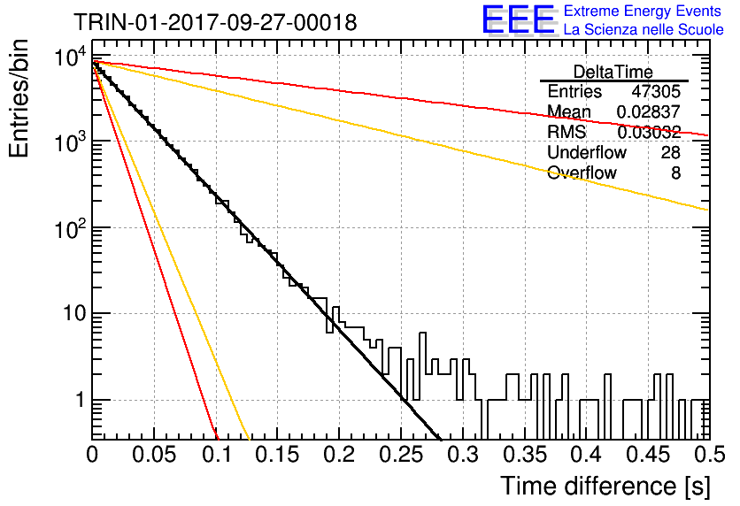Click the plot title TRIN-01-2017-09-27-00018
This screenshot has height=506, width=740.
(216, 22)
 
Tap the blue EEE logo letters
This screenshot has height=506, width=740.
(518, 19)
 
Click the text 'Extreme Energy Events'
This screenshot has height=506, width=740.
(643, 11)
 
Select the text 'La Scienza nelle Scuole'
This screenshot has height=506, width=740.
(644, 29)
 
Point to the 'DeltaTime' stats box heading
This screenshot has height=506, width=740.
(613, 72)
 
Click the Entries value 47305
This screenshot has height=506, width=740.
(656, 91)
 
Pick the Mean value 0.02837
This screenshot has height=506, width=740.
(649, 111)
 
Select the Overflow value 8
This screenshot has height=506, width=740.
(675, 172)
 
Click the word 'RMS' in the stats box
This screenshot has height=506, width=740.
(567, 132)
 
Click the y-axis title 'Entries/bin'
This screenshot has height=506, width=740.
(19, 98)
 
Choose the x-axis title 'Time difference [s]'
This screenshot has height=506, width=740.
(605, 486)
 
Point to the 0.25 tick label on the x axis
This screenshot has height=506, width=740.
(402, 455)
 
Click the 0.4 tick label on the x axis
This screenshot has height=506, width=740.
(587, 455)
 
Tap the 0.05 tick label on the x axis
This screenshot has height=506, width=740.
(154, 455)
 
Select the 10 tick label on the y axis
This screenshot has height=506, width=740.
(75, 314)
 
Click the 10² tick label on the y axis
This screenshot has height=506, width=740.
(72, 230)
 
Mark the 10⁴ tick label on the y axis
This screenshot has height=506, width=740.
(72, 57)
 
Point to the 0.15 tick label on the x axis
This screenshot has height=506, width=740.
(278, 455)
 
